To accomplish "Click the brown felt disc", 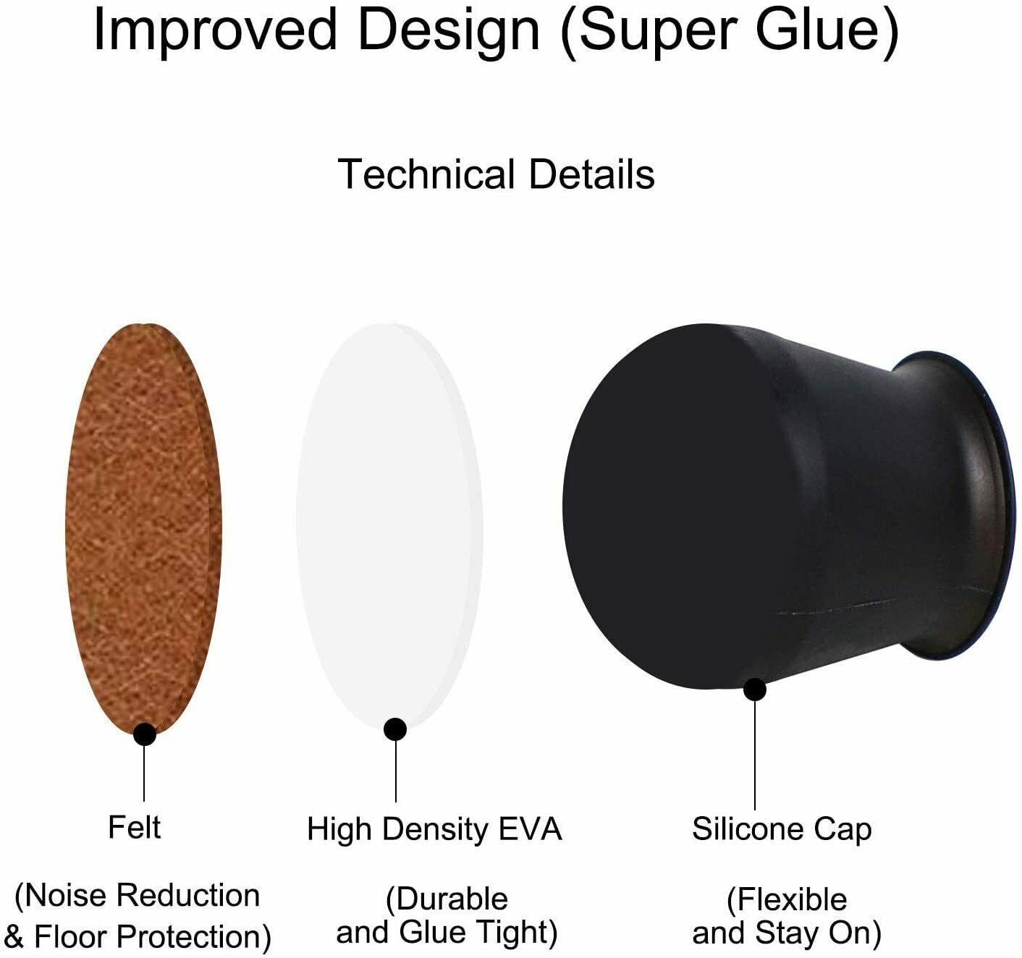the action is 143,527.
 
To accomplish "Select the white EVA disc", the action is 389,525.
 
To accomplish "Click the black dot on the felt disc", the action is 145,734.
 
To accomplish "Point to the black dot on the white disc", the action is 395,729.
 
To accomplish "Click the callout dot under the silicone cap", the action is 755,690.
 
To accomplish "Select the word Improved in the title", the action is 214,31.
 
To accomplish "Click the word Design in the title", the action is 449,32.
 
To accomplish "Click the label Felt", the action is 135,827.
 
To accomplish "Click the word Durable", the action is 447,899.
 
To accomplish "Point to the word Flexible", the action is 787,899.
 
